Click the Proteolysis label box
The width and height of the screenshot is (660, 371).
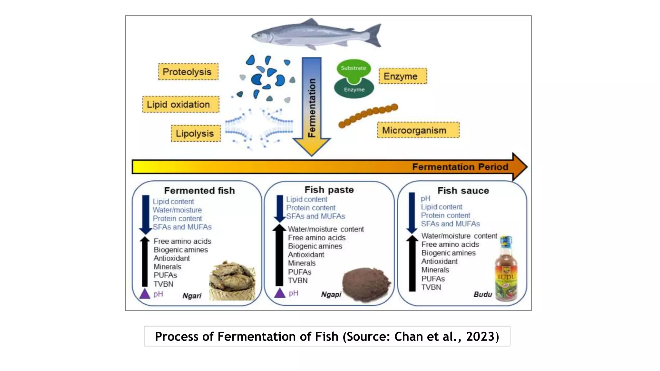tap(188, 71)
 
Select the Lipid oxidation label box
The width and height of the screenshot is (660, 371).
tap(180, 104)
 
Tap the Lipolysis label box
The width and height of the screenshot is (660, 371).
tap(196, 133)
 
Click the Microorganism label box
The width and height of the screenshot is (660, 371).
tap(418, 130)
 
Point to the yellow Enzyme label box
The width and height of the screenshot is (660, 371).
tap(403, 76)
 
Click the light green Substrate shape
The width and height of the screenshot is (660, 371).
tap(354, 68)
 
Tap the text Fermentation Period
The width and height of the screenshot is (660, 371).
tap(460, 167)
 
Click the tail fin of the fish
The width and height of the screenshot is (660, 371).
tap(374, 35)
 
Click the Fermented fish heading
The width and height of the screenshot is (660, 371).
tap(199, 190)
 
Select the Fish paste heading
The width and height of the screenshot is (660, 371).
tap(329, 190)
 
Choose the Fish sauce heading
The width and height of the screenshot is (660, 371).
tap(463, 190)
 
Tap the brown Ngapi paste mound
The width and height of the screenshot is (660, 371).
tap(366, 284)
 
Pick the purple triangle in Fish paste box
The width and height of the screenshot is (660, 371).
tap(280, 293)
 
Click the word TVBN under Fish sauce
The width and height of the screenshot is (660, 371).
tap(431, 287)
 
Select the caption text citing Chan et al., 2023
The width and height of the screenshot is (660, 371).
tap(327, 336)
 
